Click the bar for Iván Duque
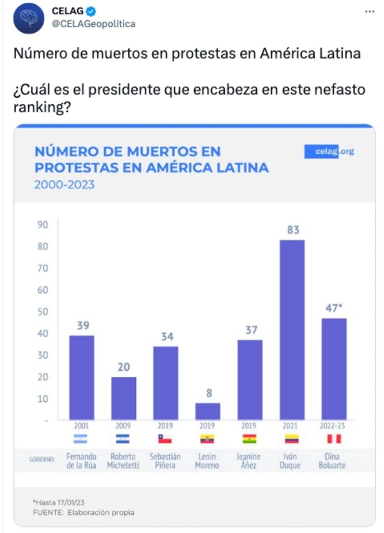(291, 330)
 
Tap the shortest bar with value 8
(207, 411)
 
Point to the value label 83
(292, 230)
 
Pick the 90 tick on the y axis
(43, 225)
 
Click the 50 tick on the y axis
(43, 312)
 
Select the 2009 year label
(123, 426)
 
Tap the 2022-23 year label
(333, 426)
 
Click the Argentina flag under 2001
(80, 439)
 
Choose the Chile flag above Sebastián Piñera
(165, 439)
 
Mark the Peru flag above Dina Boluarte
(333, 439)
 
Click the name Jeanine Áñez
(249, 461)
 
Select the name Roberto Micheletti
(123, 461)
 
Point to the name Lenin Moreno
(207, 461)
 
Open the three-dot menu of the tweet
(369, 11)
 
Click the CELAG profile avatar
(28, 18)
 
